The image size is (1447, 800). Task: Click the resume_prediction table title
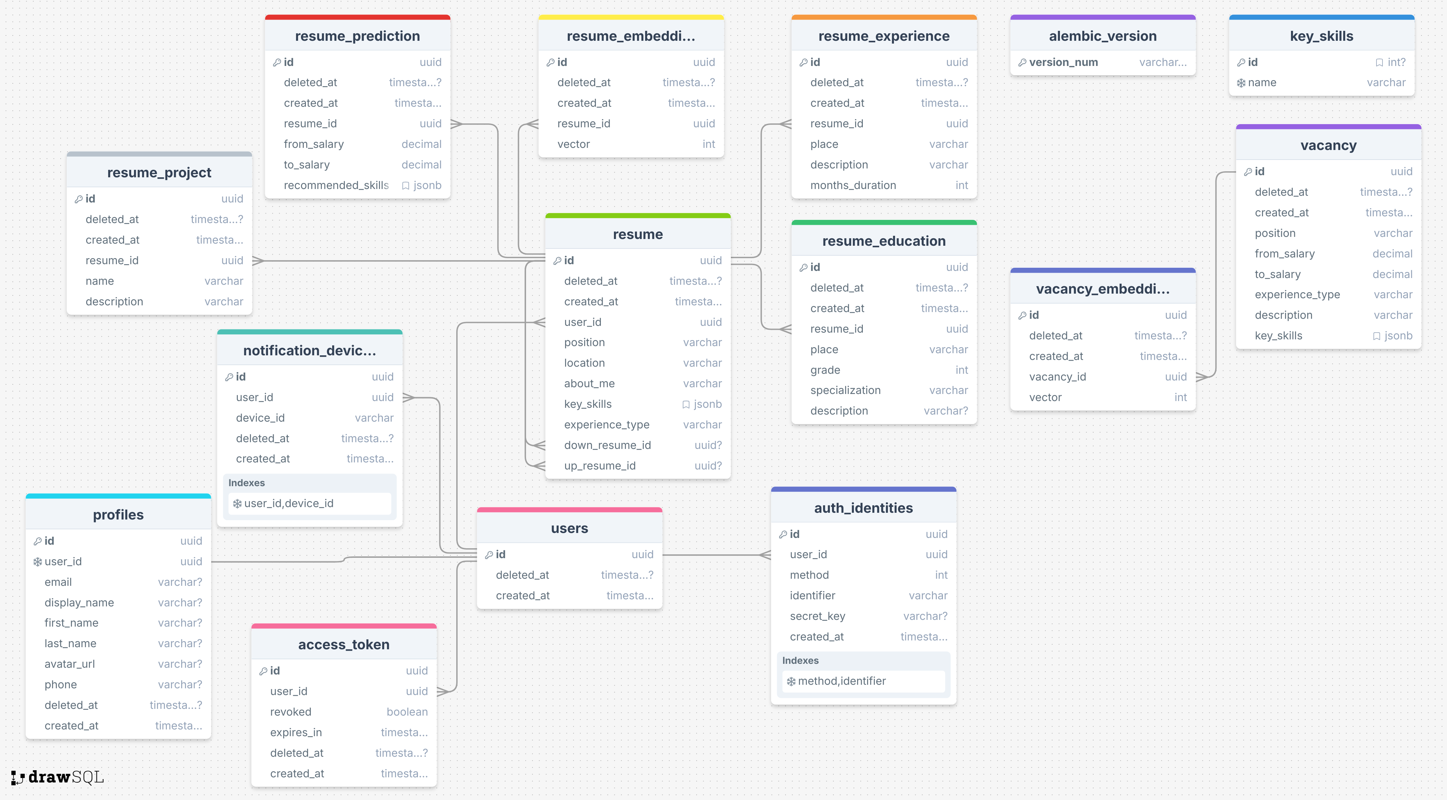(x=357, y=36)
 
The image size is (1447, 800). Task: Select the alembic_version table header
(x=1103, y=36)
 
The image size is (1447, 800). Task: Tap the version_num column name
(x=1063, y=62)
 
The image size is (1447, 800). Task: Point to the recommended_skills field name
(x=336, y=185)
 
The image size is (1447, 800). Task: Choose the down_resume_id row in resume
(x=638, y=445)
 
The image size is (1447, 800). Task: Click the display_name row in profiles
(x=118, y=603)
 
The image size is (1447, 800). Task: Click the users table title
(x=570, y=529)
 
